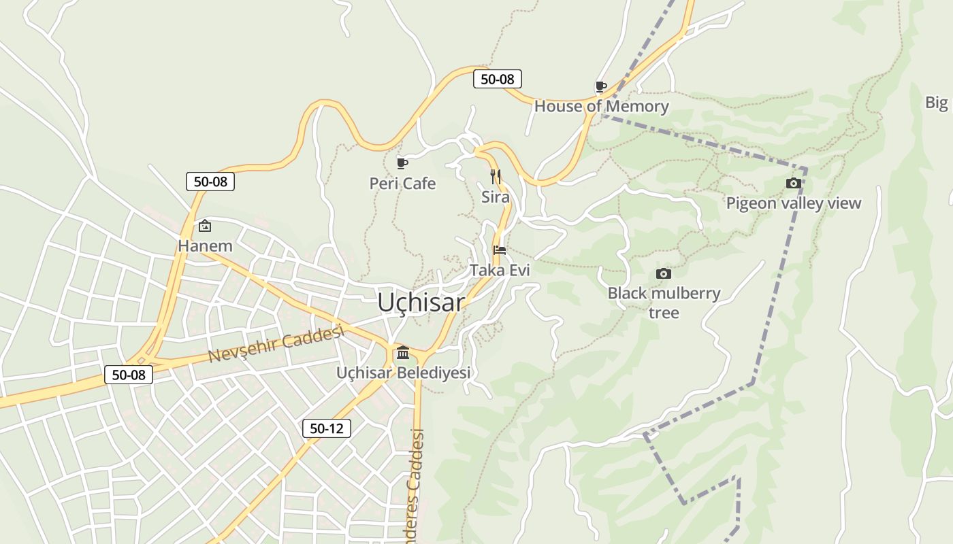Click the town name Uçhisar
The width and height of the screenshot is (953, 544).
pos(421,303)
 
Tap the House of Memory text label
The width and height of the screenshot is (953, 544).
pos(601,106)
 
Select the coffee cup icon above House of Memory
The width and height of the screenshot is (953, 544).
pos(600,86)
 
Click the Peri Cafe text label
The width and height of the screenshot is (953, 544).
pos(402,184)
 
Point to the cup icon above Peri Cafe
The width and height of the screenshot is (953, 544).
pos(402,163)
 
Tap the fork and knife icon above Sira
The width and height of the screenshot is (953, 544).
pos(496,177)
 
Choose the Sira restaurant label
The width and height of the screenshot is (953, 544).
pos(496,197)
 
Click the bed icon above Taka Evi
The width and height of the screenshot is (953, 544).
pos(499,250)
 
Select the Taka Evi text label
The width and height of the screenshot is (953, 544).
pos(500,270)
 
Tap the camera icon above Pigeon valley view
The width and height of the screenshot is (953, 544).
pos(793,183)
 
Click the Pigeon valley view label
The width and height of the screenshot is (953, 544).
pos(793,203)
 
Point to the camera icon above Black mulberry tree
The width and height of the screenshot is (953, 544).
pos(663,273)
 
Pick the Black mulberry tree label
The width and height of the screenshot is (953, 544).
pos(664,303)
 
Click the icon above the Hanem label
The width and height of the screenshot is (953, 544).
pos(205,226)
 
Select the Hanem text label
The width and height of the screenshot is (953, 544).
pos(205,245)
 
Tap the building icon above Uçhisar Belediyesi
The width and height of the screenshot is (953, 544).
pos(403,352)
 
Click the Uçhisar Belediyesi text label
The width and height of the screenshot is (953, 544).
pos(404,373)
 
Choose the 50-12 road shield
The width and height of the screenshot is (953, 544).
pos(327,428)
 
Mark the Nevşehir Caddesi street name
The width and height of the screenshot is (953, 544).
pos(275,345)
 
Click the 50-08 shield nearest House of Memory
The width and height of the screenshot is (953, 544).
pos(498,79)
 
